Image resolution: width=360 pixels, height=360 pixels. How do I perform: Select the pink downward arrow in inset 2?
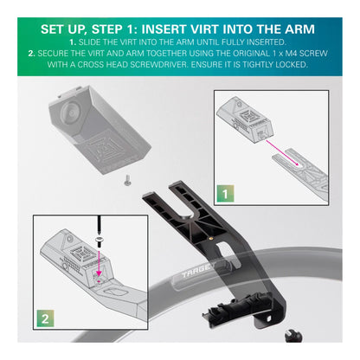[x=100, y=263]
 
